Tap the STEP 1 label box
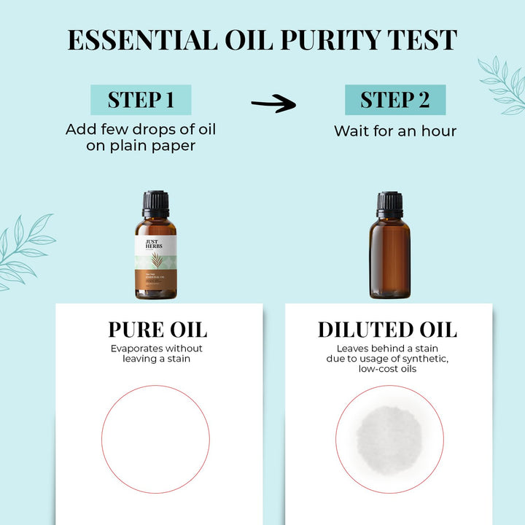141,100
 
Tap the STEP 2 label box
394,100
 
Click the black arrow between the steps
273,105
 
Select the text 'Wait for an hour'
394,131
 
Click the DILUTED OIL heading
387,329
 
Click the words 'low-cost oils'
387,369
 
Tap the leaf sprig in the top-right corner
503,84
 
